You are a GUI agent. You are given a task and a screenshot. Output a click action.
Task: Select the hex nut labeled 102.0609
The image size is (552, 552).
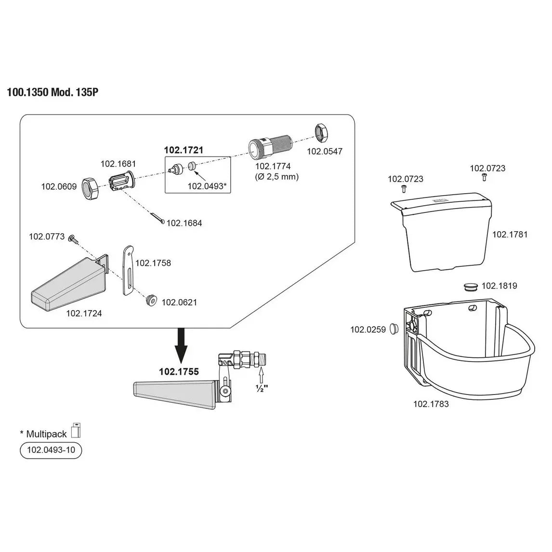point(89,186)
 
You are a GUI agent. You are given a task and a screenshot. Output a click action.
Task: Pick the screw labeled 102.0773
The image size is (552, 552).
point(73,237)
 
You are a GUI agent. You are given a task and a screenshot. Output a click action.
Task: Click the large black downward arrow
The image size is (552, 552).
point(182,346)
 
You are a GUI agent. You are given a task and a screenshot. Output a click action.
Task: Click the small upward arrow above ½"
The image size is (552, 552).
point(262,373)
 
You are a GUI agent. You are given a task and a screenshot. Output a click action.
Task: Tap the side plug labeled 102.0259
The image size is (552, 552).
point(394,329)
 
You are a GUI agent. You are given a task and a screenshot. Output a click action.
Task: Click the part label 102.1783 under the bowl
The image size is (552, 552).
point(431,404)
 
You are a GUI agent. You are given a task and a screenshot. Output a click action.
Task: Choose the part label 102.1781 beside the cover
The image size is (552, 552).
point(510,235)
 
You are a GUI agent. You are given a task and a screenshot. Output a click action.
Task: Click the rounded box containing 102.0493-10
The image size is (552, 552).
point(51,450)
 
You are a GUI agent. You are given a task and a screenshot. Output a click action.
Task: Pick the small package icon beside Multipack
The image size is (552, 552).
point(75,430)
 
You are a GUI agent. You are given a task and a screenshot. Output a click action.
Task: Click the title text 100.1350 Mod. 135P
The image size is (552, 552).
point(53,92)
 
